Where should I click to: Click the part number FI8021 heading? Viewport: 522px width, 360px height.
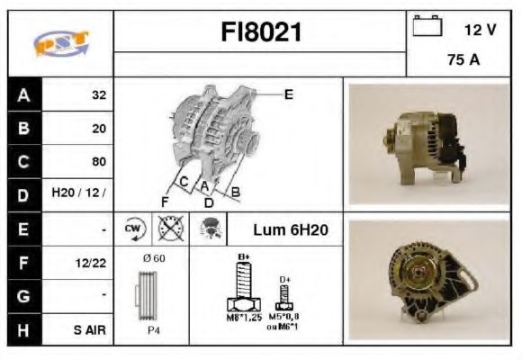(x=260, y=33)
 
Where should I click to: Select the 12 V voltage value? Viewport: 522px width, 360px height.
(x=480, y=30)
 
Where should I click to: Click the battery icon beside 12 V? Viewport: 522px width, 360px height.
(x=425, y=28)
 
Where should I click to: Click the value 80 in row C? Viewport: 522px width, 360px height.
(x=98, y=162)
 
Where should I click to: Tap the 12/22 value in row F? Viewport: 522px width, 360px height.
(x=93, y=263)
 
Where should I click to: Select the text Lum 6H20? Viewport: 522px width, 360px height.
(x=289, y=229)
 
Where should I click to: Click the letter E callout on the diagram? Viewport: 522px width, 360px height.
(x=288, y=94)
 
